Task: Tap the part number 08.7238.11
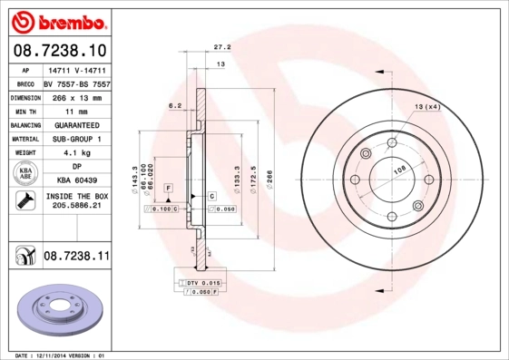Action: coord(76,258)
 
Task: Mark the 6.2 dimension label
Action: coord(175,106)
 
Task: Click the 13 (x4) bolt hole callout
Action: coord(427,108)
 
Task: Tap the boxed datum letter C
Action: coord(210,195)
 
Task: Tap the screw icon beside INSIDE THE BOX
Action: coord(24,201)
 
